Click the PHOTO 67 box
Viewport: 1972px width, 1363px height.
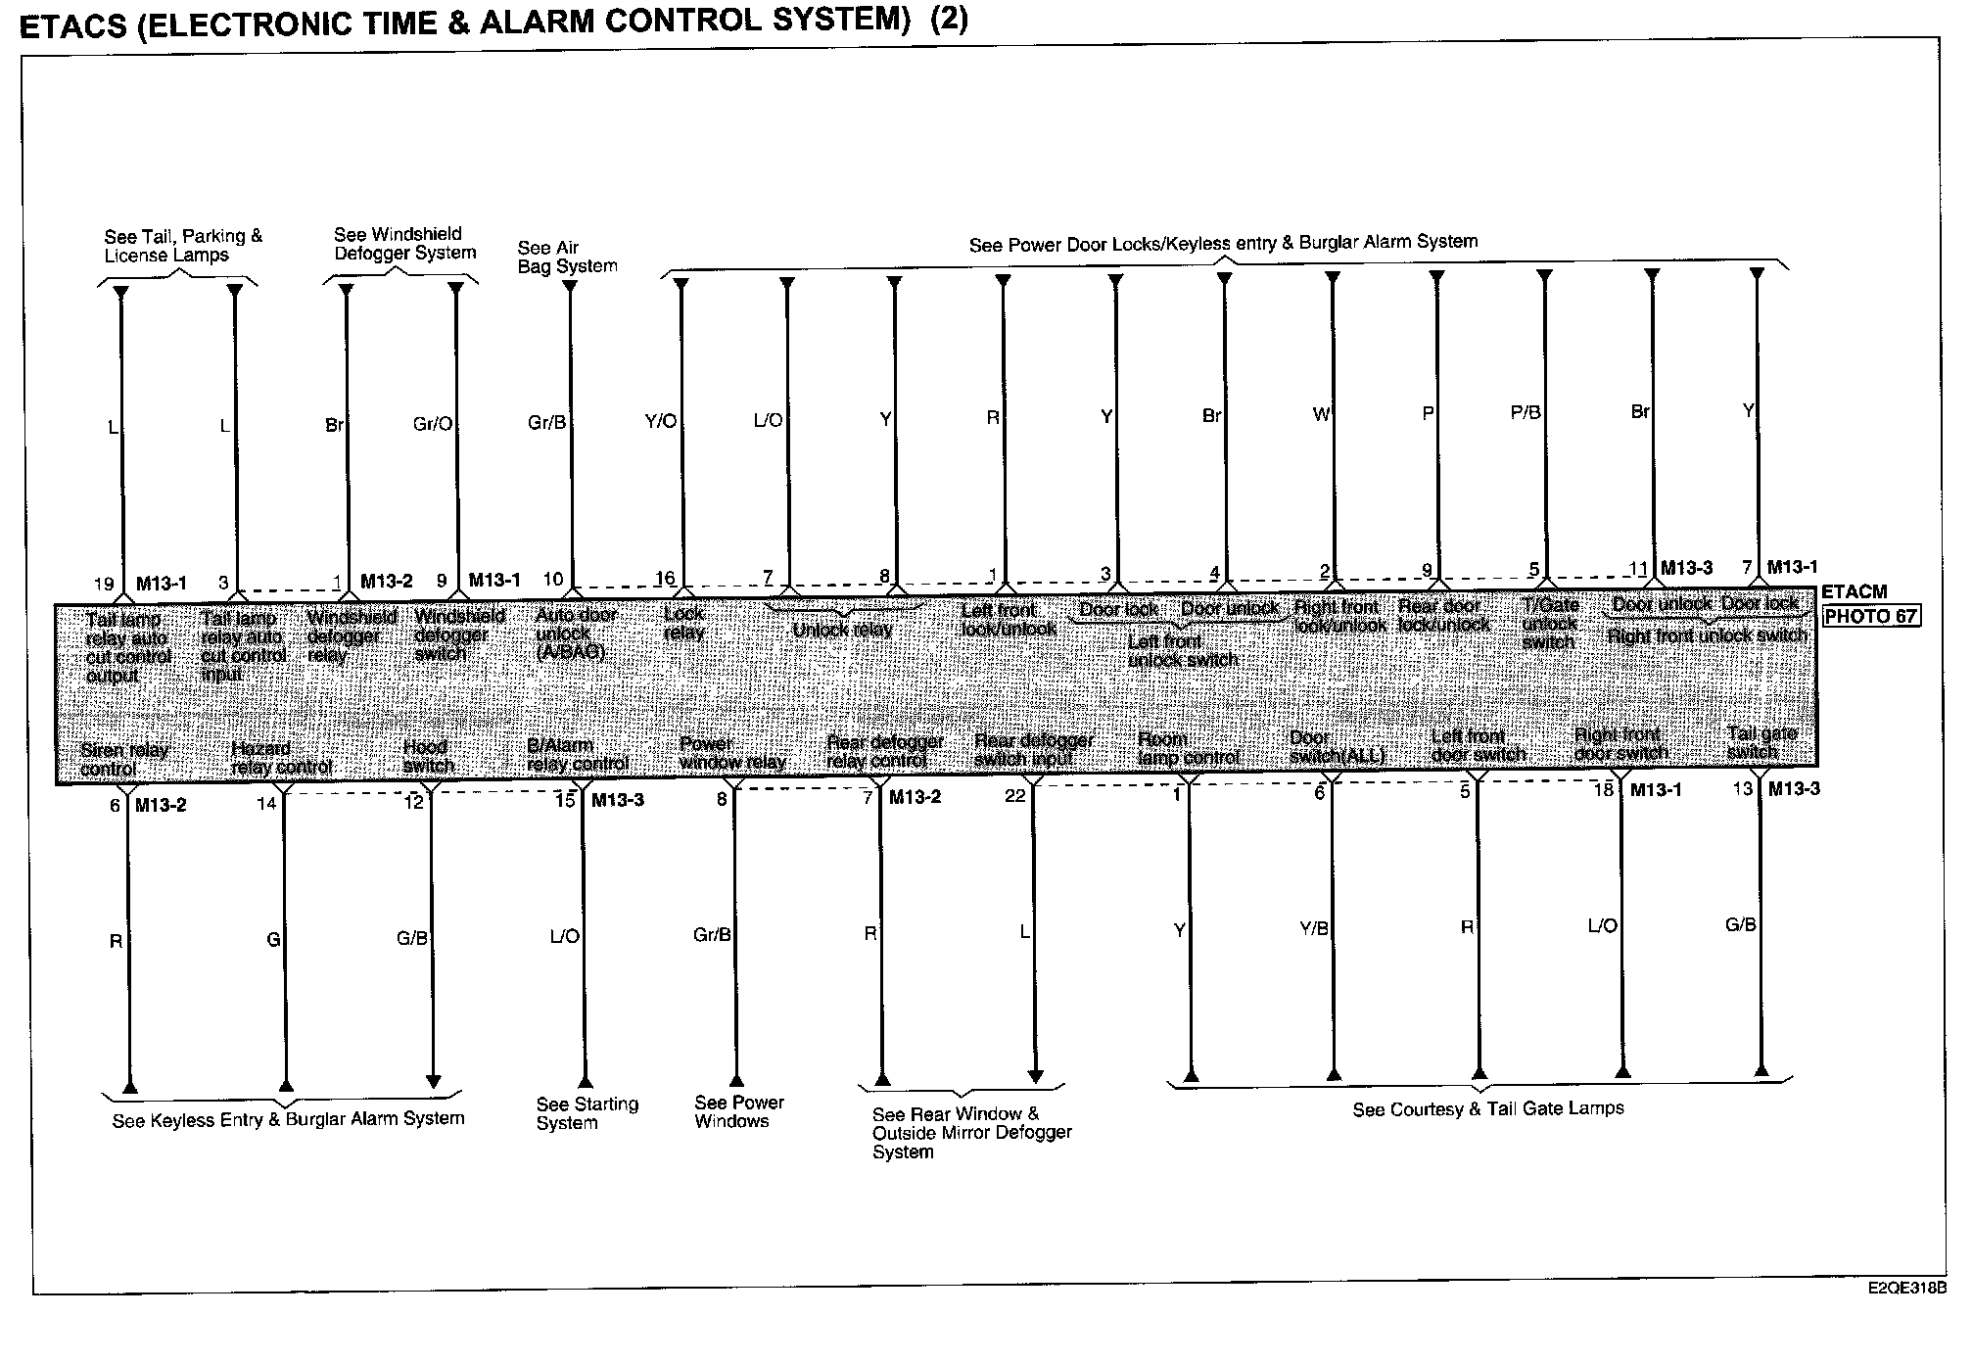click(1870, 617)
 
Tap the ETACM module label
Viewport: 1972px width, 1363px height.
click(1854, 592)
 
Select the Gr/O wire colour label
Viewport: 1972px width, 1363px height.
click(433, 424)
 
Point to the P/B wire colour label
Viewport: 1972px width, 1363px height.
click(1526, 413)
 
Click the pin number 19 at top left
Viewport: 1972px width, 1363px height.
click(104, 585)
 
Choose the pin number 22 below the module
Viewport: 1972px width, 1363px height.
click(1015, 796)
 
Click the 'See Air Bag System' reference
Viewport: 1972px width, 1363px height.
click(567, 257)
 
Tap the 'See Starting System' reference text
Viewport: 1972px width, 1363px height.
click(587, 1113)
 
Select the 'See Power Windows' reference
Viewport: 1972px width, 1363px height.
click(739, 1111)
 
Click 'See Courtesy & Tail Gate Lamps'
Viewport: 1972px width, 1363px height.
click(1487, 1109)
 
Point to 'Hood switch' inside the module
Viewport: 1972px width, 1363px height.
click(428, 756)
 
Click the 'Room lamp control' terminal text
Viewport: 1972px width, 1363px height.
click(1187, 749)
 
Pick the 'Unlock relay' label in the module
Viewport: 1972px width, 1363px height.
click(842, 630)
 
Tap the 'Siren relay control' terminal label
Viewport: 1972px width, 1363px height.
click(124, 760)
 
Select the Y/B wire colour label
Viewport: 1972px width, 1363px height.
click(1313, 928)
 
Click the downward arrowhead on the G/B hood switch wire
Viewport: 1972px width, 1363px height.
click(433, 1082)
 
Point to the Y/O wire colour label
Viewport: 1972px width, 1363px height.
click(660, 421)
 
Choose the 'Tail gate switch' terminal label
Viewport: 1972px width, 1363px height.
click(1761, 742)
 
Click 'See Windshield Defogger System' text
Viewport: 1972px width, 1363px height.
click(404, 244)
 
